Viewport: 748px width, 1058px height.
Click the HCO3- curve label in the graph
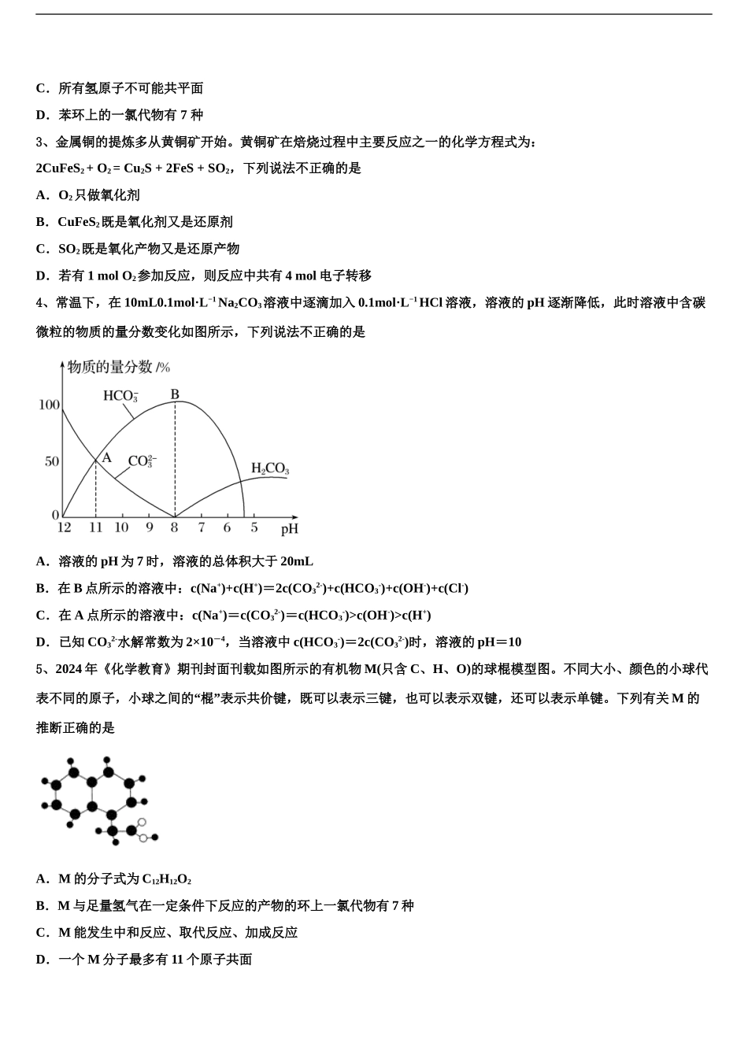pyautogui.click(x=120, y=395)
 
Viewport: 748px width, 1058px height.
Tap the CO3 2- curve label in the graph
pyautogui.click(x=142, y=461)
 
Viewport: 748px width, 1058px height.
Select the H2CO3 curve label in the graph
pyautogui.click(x=269, y=469)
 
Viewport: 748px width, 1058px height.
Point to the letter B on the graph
pyautogui.click(x=175, y=394)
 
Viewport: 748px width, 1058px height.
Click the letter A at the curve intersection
pyautogui.click(x=107, y=457)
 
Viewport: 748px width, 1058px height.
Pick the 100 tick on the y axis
pyautogui.click(x=49, y=405)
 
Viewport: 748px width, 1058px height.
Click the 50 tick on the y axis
pyautogui.click(x=52, y=461)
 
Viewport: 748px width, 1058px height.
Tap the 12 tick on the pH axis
pyautogui.click(x=64, y=527)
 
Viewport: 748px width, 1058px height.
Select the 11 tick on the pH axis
pyautogui.click(x=95, y=527)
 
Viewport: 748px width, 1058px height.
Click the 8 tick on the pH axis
pyautogui.click(x=174, y=527)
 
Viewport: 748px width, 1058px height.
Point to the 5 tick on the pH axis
pyautogui.click(x=254, y=527)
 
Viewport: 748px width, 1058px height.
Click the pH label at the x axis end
pyautogui.click(x=290, y=528)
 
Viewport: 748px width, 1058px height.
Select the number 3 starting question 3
pyautogui.click(x=39, y=142)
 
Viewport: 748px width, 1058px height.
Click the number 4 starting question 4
pyautogui.click(x=39, y=302)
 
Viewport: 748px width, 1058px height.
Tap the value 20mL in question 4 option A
pyautogui.click(x=296, y=561)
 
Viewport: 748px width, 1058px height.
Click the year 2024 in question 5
pyautogui.click(x=69, y=669)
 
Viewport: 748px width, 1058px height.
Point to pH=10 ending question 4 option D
pyautogui.click(x=499, y=642)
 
